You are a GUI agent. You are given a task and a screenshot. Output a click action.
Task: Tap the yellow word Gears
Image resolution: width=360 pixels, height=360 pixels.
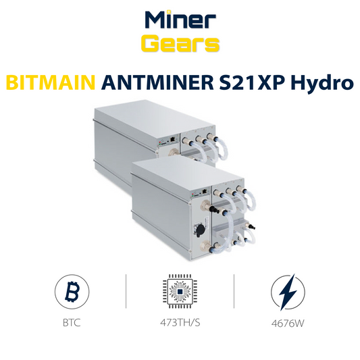click(180, 44)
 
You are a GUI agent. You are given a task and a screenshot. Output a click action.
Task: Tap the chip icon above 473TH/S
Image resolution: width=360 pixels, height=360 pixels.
click(180, 293)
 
